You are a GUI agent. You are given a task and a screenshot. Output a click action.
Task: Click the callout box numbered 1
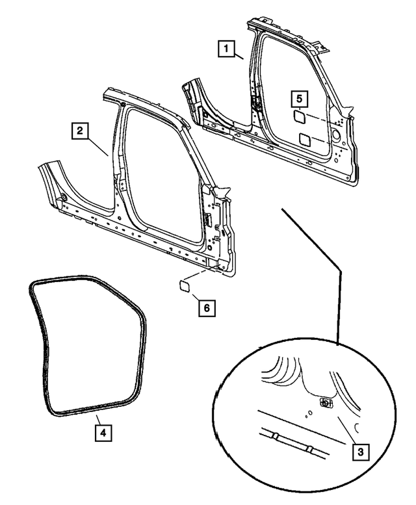(226, 47)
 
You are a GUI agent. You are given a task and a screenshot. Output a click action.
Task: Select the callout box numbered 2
(79, 131)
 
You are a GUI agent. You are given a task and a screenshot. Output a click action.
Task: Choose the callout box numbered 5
(298, 98)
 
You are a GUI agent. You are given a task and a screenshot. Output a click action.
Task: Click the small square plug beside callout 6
(183, 285)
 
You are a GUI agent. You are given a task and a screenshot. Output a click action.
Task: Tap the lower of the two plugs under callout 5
(304, 138)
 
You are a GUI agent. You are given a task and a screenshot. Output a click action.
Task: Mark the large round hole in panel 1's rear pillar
(336, 134)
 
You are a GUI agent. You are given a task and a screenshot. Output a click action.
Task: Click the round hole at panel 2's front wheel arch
(64, 197)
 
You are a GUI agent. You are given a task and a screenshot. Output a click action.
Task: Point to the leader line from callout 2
(98, 144)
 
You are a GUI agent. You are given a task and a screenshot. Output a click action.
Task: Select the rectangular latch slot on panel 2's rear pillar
(210, 220)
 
